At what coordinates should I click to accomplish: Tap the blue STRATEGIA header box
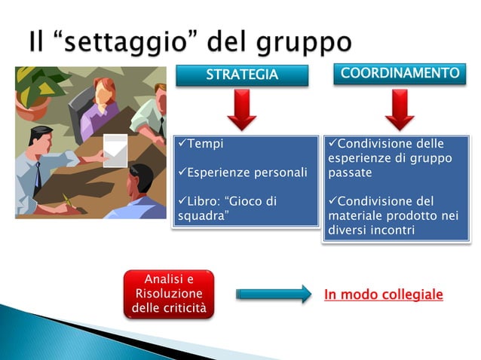pyautogui.click(x=242, y=75)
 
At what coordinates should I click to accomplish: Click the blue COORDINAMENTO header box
pyautogui.click(x=400, y=74)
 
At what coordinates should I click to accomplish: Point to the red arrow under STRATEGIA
pyautogui.click(x=242, y=109)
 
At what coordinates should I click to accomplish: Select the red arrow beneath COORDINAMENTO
pyautogui.click(x=400, y=109)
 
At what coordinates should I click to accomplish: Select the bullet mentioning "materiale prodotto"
pyautogui.click(x=394, y=215)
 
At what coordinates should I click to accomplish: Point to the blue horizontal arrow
pyautogui.click(x=273, y=294)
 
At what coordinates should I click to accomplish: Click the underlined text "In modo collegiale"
pyautogui.click(x=383, y=294)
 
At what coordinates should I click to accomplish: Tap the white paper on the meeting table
pyautogui.click(x=115, y=150)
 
